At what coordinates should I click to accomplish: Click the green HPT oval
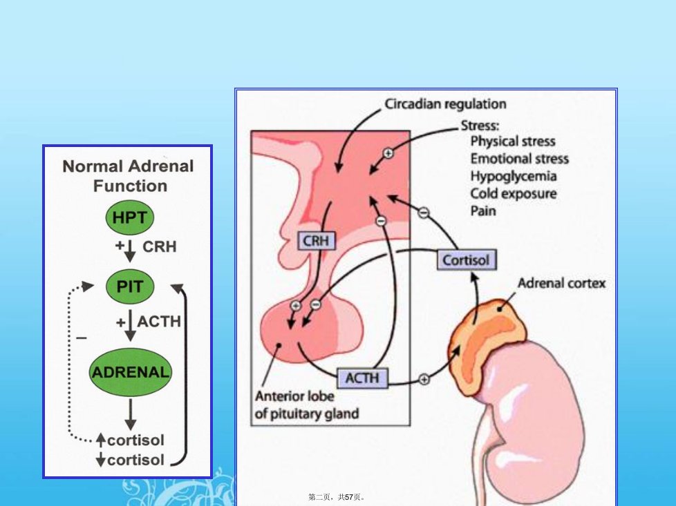pos(130,217)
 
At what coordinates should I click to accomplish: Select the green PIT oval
pos(130,286)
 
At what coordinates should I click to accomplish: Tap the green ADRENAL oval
pos(130,372)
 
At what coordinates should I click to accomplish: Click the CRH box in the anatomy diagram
pos(317,241)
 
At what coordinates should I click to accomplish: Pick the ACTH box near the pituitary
pos(362,378)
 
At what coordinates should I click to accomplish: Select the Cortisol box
pos(467,260)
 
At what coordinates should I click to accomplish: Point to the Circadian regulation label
pos(445,104)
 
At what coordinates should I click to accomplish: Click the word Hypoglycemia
pos(514,176)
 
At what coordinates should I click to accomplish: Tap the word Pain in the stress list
pos(483,211)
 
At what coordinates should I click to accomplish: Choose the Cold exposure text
pos(514,194)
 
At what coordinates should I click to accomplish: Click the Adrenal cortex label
pos(562,283)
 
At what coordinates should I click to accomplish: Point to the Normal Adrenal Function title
pos(129,176)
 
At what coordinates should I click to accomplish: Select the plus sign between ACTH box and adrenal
pos(424,379)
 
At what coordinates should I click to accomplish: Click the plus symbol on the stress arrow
pos(388,153)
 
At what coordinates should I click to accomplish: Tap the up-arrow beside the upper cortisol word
pos(101,440)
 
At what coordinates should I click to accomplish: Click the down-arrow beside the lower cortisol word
pos(101,460)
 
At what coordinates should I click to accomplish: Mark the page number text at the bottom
pos(337,497)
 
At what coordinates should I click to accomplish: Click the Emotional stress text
pos(520,159)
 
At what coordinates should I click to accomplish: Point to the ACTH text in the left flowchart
pos(159,322)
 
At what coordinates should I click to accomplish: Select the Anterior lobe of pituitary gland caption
pos(306,405)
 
